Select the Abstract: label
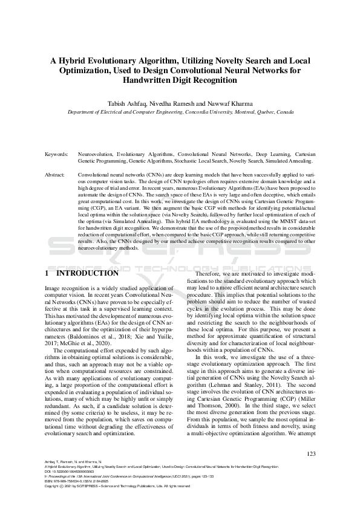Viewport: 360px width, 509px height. coord(56,174)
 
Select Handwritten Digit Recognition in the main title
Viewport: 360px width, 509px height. coord(180,79)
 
